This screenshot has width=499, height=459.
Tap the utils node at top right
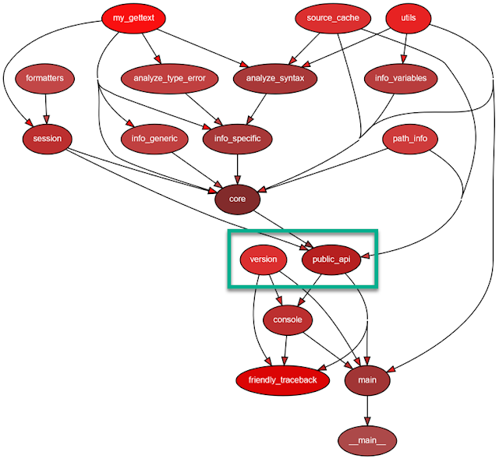pos(409,18)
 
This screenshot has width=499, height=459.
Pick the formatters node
pos(44,78)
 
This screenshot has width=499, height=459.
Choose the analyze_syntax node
pos(274,78)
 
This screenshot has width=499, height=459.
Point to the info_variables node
pos(401,78)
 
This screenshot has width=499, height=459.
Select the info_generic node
pos(150,139)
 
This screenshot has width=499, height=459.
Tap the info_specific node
pos(237,139)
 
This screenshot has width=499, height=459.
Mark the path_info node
pos(410,139)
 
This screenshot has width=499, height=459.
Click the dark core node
pos(237,199)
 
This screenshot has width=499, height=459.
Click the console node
pos(288,320)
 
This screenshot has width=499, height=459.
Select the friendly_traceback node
pos(283,380)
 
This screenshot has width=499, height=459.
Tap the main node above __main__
pos(367,380)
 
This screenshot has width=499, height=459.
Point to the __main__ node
pos(367,440)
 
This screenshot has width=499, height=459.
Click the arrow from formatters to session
pos(46,109)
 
